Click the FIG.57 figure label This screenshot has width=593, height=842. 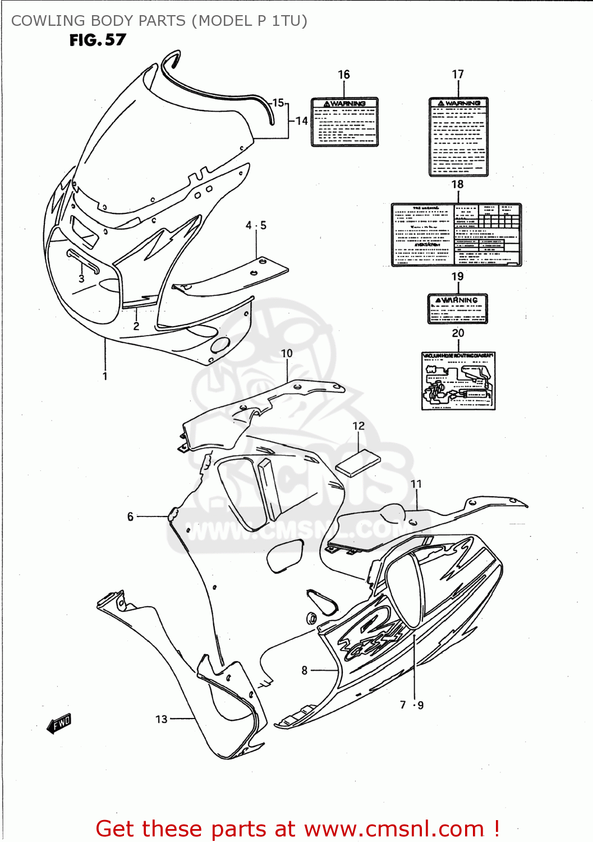[x=98, y=40]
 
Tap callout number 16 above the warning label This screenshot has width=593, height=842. [x=343, y=75]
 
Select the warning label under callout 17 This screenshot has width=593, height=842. [x=458, y=137]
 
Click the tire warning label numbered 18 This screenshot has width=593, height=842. [x=456, y=235]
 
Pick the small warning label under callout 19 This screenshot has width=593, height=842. [x=458, y=309]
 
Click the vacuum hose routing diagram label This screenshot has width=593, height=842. [x=458, y=381]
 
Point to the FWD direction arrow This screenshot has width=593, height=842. [x=59, y=724]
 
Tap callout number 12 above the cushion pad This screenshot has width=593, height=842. [x=358, y=426]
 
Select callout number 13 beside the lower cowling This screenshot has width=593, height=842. [x=161, y=719]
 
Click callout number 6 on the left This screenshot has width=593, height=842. [x=130, y=516]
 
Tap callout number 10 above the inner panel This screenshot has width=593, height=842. [x=287, y=353]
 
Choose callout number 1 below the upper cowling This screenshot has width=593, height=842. [x=105, y=376]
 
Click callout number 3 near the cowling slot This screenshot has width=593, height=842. [x=81, y=278]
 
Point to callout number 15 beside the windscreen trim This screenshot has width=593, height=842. [x=278, y=103]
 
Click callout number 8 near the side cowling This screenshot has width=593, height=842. [x=305, y=670]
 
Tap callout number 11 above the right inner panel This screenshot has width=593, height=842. [x=416, y=484]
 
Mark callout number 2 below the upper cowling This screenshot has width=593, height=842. [x=136, y=326]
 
